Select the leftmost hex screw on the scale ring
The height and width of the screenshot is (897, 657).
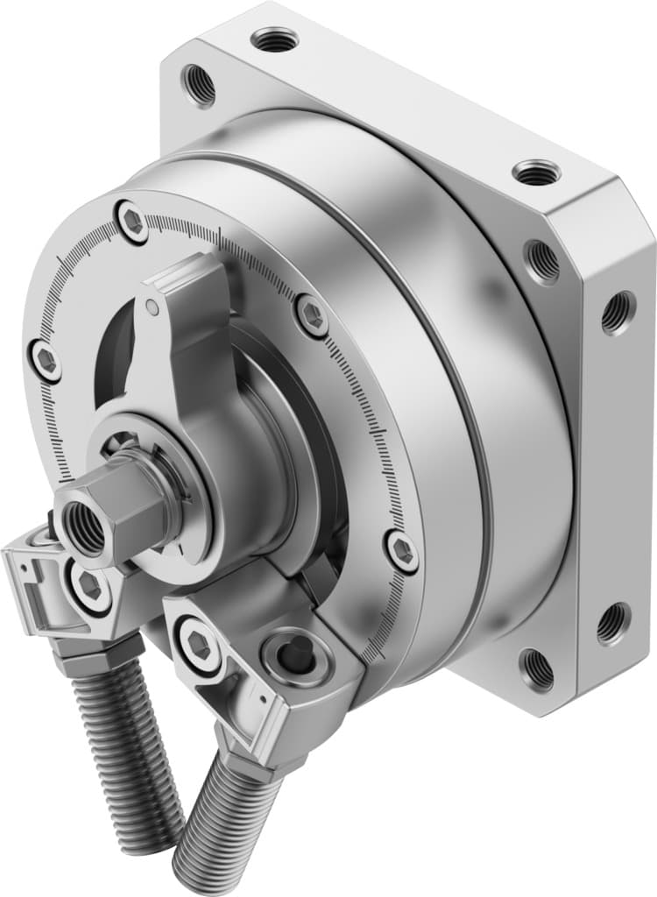tap(45, 358)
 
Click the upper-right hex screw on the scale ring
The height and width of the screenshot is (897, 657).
tap(313, 314)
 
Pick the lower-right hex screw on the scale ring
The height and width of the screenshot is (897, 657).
tap(402, 551)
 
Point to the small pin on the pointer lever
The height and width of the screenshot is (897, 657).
tap(153, 307)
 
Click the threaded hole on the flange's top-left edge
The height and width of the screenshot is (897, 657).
tap(274, 39)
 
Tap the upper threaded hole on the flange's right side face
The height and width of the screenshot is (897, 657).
tap(618, 311)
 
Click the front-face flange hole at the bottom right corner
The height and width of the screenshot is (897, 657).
tap(535, 668)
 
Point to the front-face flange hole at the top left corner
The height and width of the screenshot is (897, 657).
tap(198, 85)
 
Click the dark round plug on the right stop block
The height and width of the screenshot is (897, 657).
tap(299, 652)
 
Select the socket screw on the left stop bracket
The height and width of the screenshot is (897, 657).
tap(88, 584)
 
